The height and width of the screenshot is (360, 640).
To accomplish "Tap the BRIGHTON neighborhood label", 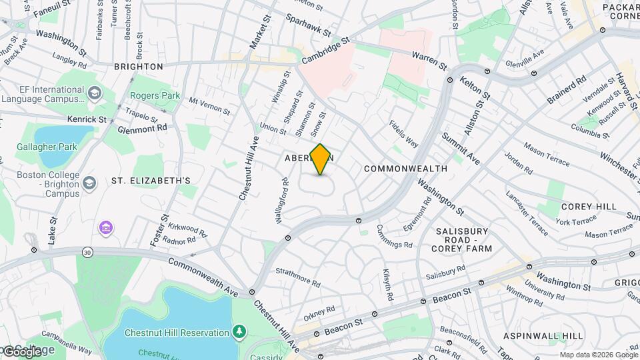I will [139, 67].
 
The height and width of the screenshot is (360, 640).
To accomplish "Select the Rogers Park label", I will [155, 96].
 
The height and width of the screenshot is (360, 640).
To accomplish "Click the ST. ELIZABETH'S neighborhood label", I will [151, 181].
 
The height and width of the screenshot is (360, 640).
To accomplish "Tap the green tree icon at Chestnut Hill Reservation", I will [239, 331].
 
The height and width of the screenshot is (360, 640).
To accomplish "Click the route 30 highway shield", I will [87, 252].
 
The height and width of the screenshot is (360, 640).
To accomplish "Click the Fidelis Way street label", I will [404, 134].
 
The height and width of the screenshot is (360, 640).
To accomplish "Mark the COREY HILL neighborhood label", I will [589, 207].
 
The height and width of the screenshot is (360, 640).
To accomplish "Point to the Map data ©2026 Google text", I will [598, 355].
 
